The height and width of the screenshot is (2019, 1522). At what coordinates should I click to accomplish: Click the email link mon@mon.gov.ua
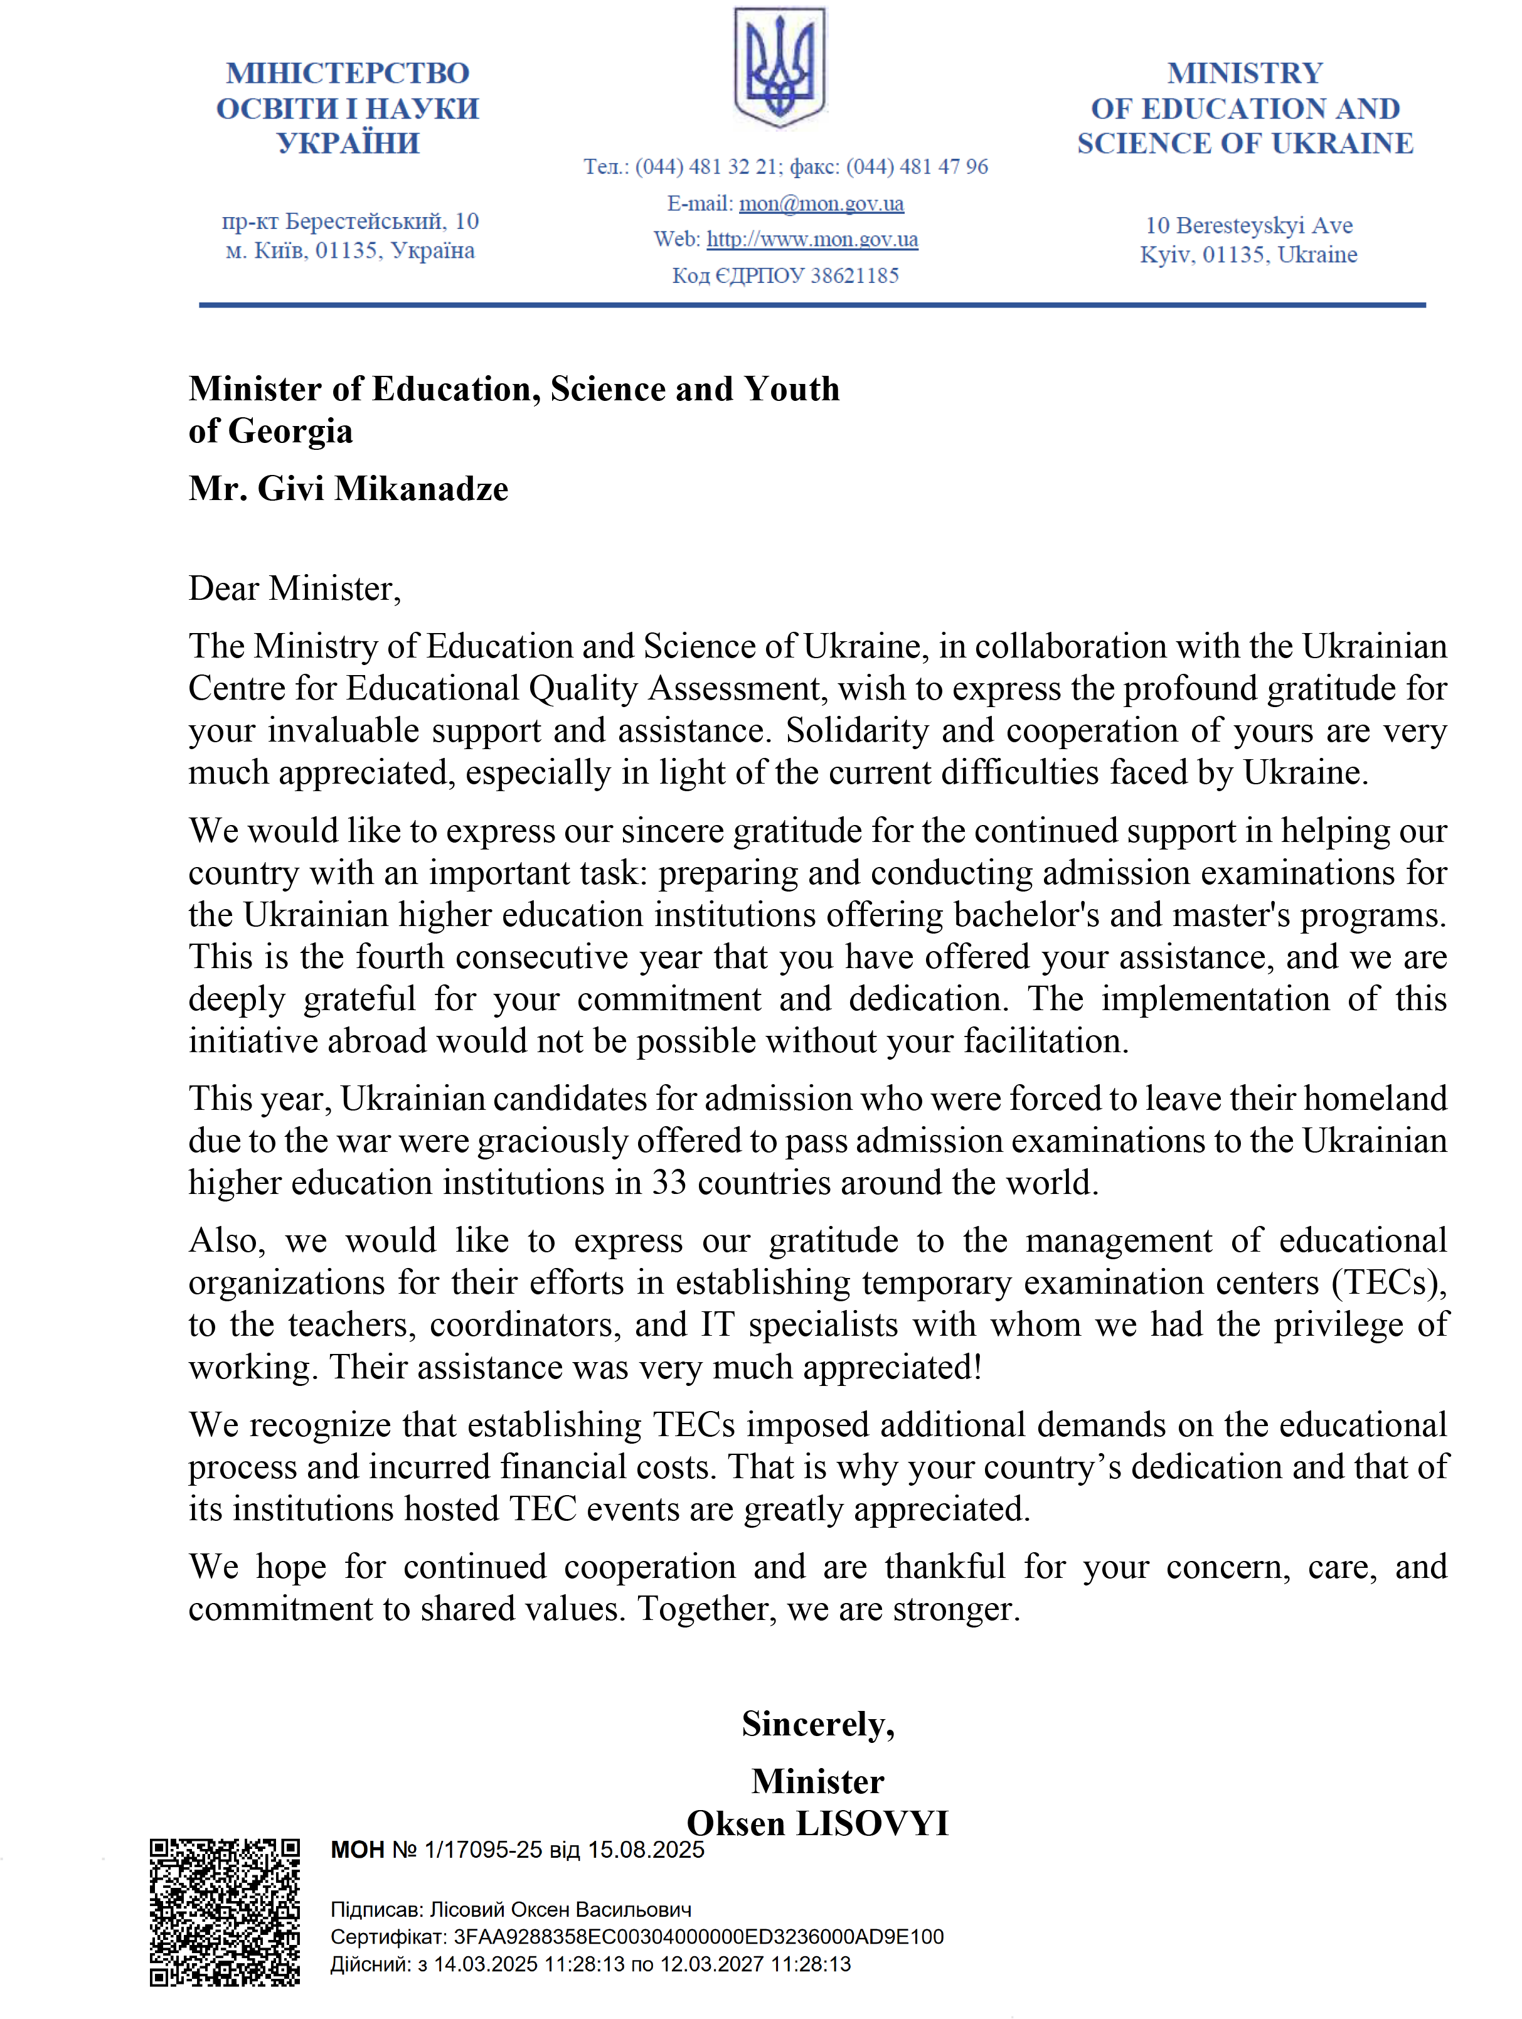[x=821, y=203]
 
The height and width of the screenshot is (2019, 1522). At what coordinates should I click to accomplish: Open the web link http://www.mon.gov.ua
[x=812, y=240]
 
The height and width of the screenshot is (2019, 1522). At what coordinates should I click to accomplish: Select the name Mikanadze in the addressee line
[x=422, y=489]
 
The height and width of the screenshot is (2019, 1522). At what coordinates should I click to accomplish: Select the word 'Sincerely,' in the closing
[x=817, y=1724]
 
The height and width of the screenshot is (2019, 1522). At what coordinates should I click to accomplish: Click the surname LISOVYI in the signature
[x=872, y=1824]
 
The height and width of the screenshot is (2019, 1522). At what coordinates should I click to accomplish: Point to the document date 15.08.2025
[x=646, y=1850]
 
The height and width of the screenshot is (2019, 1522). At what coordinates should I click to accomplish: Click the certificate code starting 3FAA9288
[x=698, y=1937]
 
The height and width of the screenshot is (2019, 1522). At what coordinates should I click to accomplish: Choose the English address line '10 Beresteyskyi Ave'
[x=1248, y=225]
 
